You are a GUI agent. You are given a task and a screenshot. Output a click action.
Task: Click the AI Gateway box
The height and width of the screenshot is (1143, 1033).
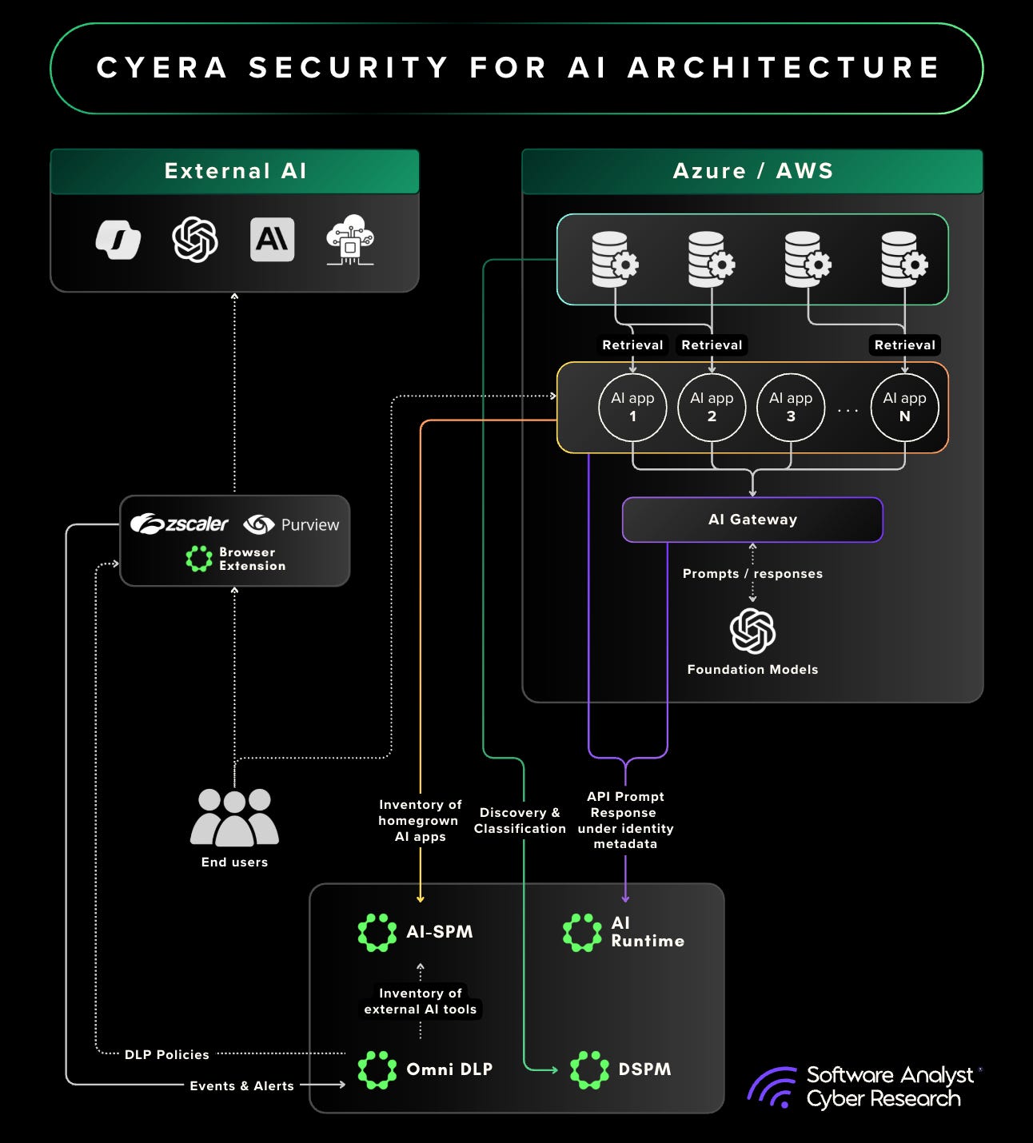click(752, 520)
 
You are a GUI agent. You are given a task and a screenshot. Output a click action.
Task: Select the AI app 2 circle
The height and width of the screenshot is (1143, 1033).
click(712, 408)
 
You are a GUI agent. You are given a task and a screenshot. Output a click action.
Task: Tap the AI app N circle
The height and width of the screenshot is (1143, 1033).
click(904, 408)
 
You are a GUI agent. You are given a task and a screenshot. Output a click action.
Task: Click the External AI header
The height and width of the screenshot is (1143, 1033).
click(235, 171)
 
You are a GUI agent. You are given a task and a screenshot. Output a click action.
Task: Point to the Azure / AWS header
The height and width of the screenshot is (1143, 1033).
click(752, 171)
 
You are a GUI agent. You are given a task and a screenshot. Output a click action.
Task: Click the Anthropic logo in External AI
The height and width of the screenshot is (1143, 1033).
click(272, 240)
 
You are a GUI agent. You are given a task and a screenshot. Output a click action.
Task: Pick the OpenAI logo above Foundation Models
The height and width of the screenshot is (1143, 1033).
click(752, 631)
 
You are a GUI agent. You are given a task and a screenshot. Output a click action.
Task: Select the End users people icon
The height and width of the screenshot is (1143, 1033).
click(234, 818)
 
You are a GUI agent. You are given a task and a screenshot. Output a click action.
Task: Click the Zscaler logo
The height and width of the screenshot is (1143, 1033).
click(180, 524)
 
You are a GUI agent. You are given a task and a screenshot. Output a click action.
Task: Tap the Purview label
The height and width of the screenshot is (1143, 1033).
click(309, 525)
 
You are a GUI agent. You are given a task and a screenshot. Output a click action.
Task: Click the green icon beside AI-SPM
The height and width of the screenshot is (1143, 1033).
click(377, 932)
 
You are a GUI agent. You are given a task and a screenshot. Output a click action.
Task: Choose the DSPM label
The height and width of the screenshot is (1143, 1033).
click(644, 1069)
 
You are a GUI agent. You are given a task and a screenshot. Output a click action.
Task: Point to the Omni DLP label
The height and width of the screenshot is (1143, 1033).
click(449, 1069)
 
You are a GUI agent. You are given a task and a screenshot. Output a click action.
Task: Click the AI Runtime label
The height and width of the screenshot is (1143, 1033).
click(647, 932)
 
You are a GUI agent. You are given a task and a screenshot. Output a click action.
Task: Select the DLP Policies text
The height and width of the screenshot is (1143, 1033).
click(166, 1055)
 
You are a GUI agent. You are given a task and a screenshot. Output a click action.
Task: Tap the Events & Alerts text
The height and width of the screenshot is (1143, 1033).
click(241, 1085)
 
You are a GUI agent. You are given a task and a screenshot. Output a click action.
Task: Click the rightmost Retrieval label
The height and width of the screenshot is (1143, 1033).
click(904, 345)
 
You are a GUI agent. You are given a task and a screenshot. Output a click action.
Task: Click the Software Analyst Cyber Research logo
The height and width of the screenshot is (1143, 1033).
click(863, 1086)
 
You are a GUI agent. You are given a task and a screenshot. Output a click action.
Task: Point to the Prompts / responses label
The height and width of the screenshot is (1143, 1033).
click(752, 574)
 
